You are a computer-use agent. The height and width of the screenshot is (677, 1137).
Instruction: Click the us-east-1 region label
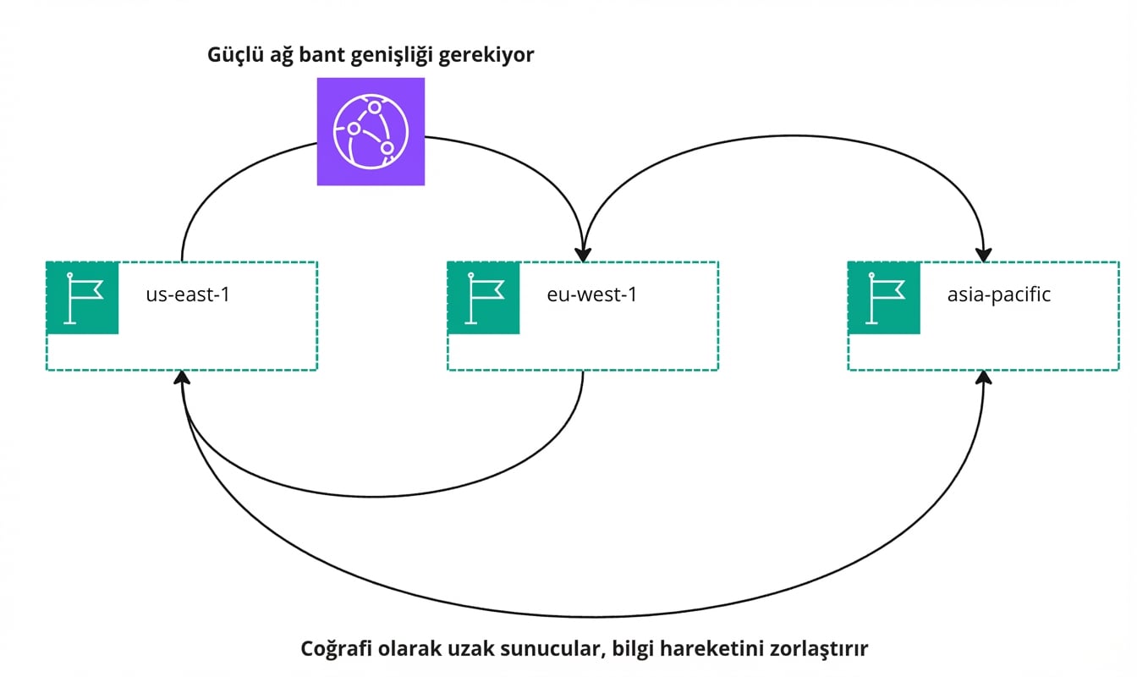tap(188, 296)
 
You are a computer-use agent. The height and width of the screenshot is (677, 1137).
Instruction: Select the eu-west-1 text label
tap(589, 296)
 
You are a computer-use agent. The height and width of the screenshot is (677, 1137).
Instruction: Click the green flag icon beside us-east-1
tap(82, 298)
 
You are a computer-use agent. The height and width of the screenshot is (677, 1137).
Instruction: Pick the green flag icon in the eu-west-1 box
tap(483, 298)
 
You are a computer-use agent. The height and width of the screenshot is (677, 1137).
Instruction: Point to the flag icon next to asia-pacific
tap(884, 298)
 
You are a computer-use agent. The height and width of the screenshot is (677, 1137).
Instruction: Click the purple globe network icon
tap(371, 131)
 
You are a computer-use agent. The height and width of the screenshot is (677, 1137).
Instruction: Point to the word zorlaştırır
tap(816, 649)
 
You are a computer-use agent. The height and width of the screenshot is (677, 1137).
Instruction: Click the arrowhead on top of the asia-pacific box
tap(983, 253)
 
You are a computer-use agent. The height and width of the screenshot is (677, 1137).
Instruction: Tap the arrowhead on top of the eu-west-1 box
tap(583, 253)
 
